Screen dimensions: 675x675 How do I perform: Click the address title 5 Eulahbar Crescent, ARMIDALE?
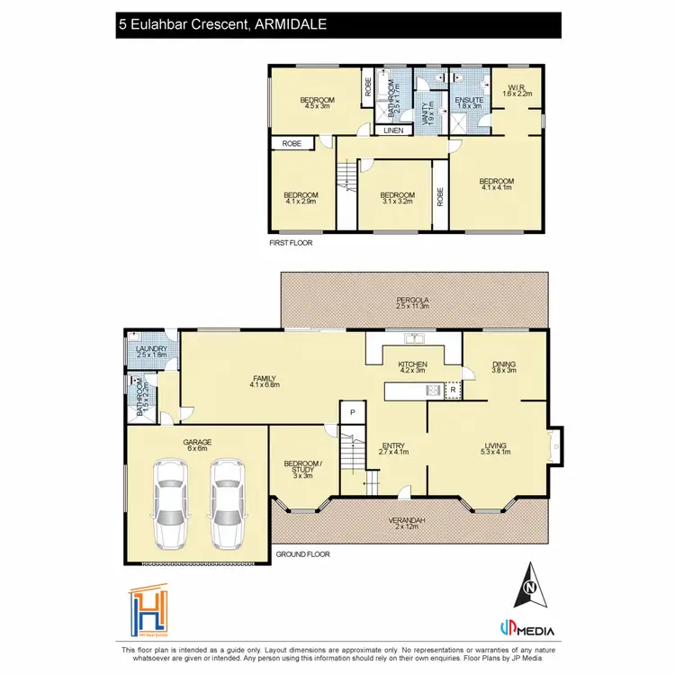[221, 26]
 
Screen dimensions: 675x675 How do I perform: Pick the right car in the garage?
[227, 504]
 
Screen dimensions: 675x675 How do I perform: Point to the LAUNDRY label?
[147, 351]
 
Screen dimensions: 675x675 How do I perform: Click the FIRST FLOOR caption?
[292, 243]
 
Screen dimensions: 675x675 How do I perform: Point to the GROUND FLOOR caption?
[302, 554]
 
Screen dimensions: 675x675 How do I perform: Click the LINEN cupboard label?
[394, 131]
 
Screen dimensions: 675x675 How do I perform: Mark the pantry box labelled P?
[352, 413]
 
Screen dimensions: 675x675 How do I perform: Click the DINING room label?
[503, 364]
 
